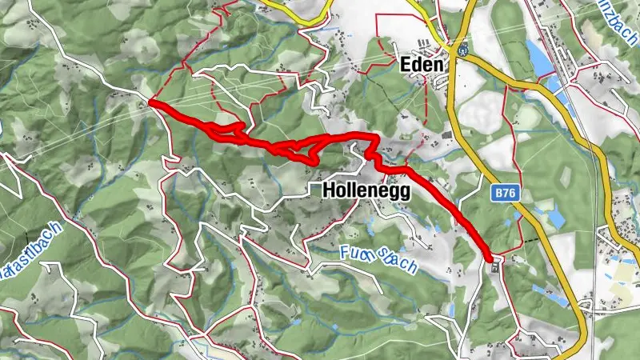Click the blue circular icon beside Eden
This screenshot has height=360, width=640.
pos(462,48)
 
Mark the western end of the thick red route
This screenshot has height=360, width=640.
pos(150,103)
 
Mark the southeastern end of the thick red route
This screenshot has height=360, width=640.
pos(490,257)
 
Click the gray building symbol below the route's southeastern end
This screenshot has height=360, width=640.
pos(495,268)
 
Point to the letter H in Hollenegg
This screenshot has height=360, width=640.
pos(328,190)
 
